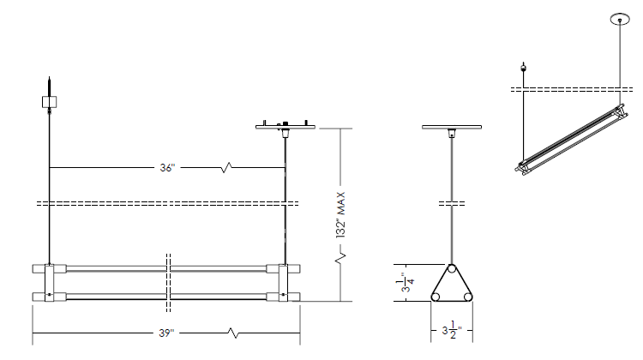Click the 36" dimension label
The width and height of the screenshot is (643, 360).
167,168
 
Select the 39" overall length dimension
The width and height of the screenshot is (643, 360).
166,333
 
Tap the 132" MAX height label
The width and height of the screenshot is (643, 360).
340,215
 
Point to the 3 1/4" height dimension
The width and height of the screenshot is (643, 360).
407,283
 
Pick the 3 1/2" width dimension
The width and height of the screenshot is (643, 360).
452,330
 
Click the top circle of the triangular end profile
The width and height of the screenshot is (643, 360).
452,269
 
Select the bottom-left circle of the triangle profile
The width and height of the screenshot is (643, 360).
436,297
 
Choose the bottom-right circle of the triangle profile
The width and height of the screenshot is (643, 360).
467,297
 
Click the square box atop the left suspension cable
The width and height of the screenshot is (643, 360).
49,102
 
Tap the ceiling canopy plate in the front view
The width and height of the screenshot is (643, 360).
285,127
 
